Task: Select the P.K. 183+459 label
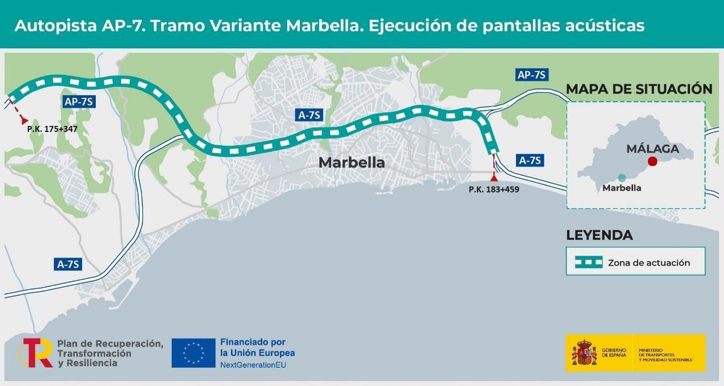coord(494,189)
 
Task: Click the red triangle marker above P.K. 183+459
coord(495,177)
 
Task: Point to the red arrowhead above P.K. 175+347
coord(24,121)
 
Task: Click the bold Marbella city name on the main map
coord(351,162)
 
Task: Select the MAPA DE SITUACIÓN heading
coord(639,89)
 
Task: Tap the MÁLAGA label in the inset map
coord(652,148)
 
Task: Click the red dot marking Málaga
coord(652,161)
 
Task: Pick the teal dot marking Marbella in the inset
coord(621,177)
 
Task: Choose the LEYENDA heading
coord(599,235)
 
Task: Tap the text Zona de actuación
coord(649,263)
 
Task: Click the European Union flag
coord(193,353)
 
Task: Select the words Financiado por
coord(253,341)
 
